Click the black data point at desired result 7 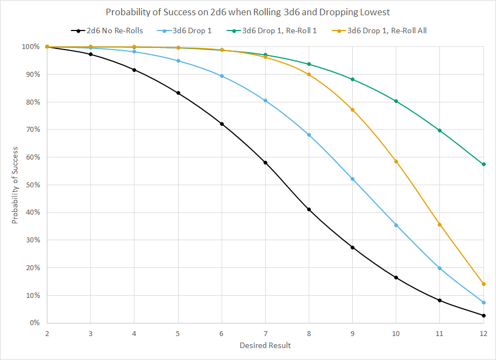click(x=265, y=162)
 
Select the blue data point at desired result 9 click(x=352, y=179)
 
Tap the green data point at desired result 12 click(x=483, y=164)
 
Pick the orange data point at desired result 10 click(x=396, y=161)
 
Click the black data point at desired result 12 click(x=483, y=315)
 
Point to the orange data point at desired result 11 click(x=439, y=224)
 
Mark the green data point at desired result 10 click(x=396, y=101)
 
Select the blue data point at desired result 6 click(x=222, y=76)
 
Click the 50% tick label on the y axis click(x=32, y=185)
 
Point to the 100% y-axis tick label click(x=30, y=47)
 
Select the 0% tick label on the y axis click(x=34, y=323)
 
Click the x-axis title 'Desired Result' click(x=265, y=345)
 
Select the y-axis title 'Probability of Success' click(x=15, y=185)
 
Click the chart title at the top click(x=248, y=12)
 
